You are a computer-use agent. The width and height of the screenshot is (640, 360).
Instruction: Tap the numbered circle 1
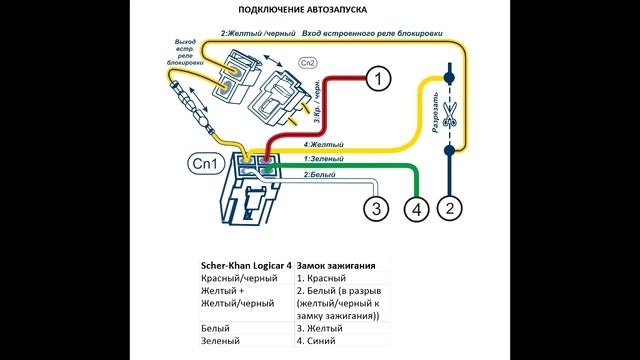pos(376,77)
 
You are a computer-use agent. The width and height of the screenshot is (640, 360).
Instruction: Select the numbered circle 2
pos(450,208)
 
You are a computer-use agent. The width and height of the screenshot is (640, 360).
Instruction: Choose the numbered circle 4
pos(417,208)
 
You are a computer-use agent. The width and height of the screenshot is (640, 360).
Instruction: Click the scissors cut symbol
pos(449,113)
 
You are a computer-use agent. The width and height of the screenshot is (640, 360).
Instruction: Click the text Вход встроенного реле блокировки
pos(372,33)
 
